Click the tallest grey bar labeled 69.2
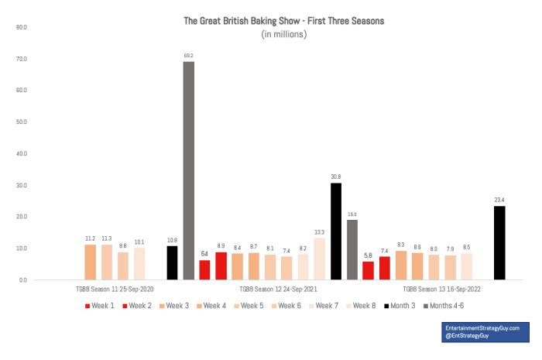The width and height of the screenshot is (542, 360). pyautogui.click(x=188, y=170)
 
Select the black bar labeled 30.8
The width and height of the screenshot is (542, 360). pyautogui.click(x=336, y=231)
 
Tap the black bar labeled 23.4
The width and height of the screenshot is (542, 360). pyautogui.click(x=499, y=242)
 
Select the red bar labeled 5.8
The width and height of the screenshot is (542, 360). pyautogui.click(x=369, y=270)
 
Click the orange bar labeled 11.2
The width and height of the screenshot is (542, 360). pyautogui.click(x=91, y=262)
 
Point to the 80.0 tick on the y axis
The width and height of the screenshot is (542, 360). pyautogui.click(x=21, y=27)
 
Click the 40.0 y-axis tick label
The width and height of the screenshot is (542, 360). pyautogui.click(x=21, y=153)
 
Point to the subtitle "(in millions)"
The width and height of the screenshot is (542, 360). pyautogui.click(x=284, y=35)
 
